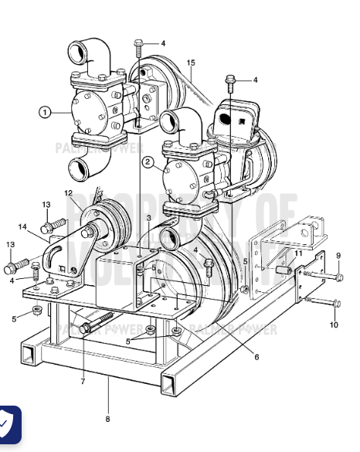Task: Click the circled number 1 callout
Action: [x=46, y=112]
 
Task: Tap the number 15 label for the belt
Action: [x=191, y=62]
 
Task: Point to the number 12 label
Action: [x=68, y=192]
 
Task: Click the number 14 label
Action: [x=22, y=227]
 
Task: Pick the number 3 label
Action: [x=149, y=219]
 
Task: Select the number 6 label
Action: [x=256, y=357]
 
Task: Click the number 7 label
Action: [x=83, y=380]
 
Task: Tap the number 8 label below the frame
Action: [x=107, y=419]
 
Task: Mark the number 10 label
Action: [x=334, y=325]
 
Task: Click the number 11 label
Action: [x=298, y=253]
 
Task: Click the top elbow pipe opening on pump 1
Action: [x=79, y=53]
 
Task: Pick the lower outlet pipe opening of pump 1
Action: [x=81, y=168]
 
